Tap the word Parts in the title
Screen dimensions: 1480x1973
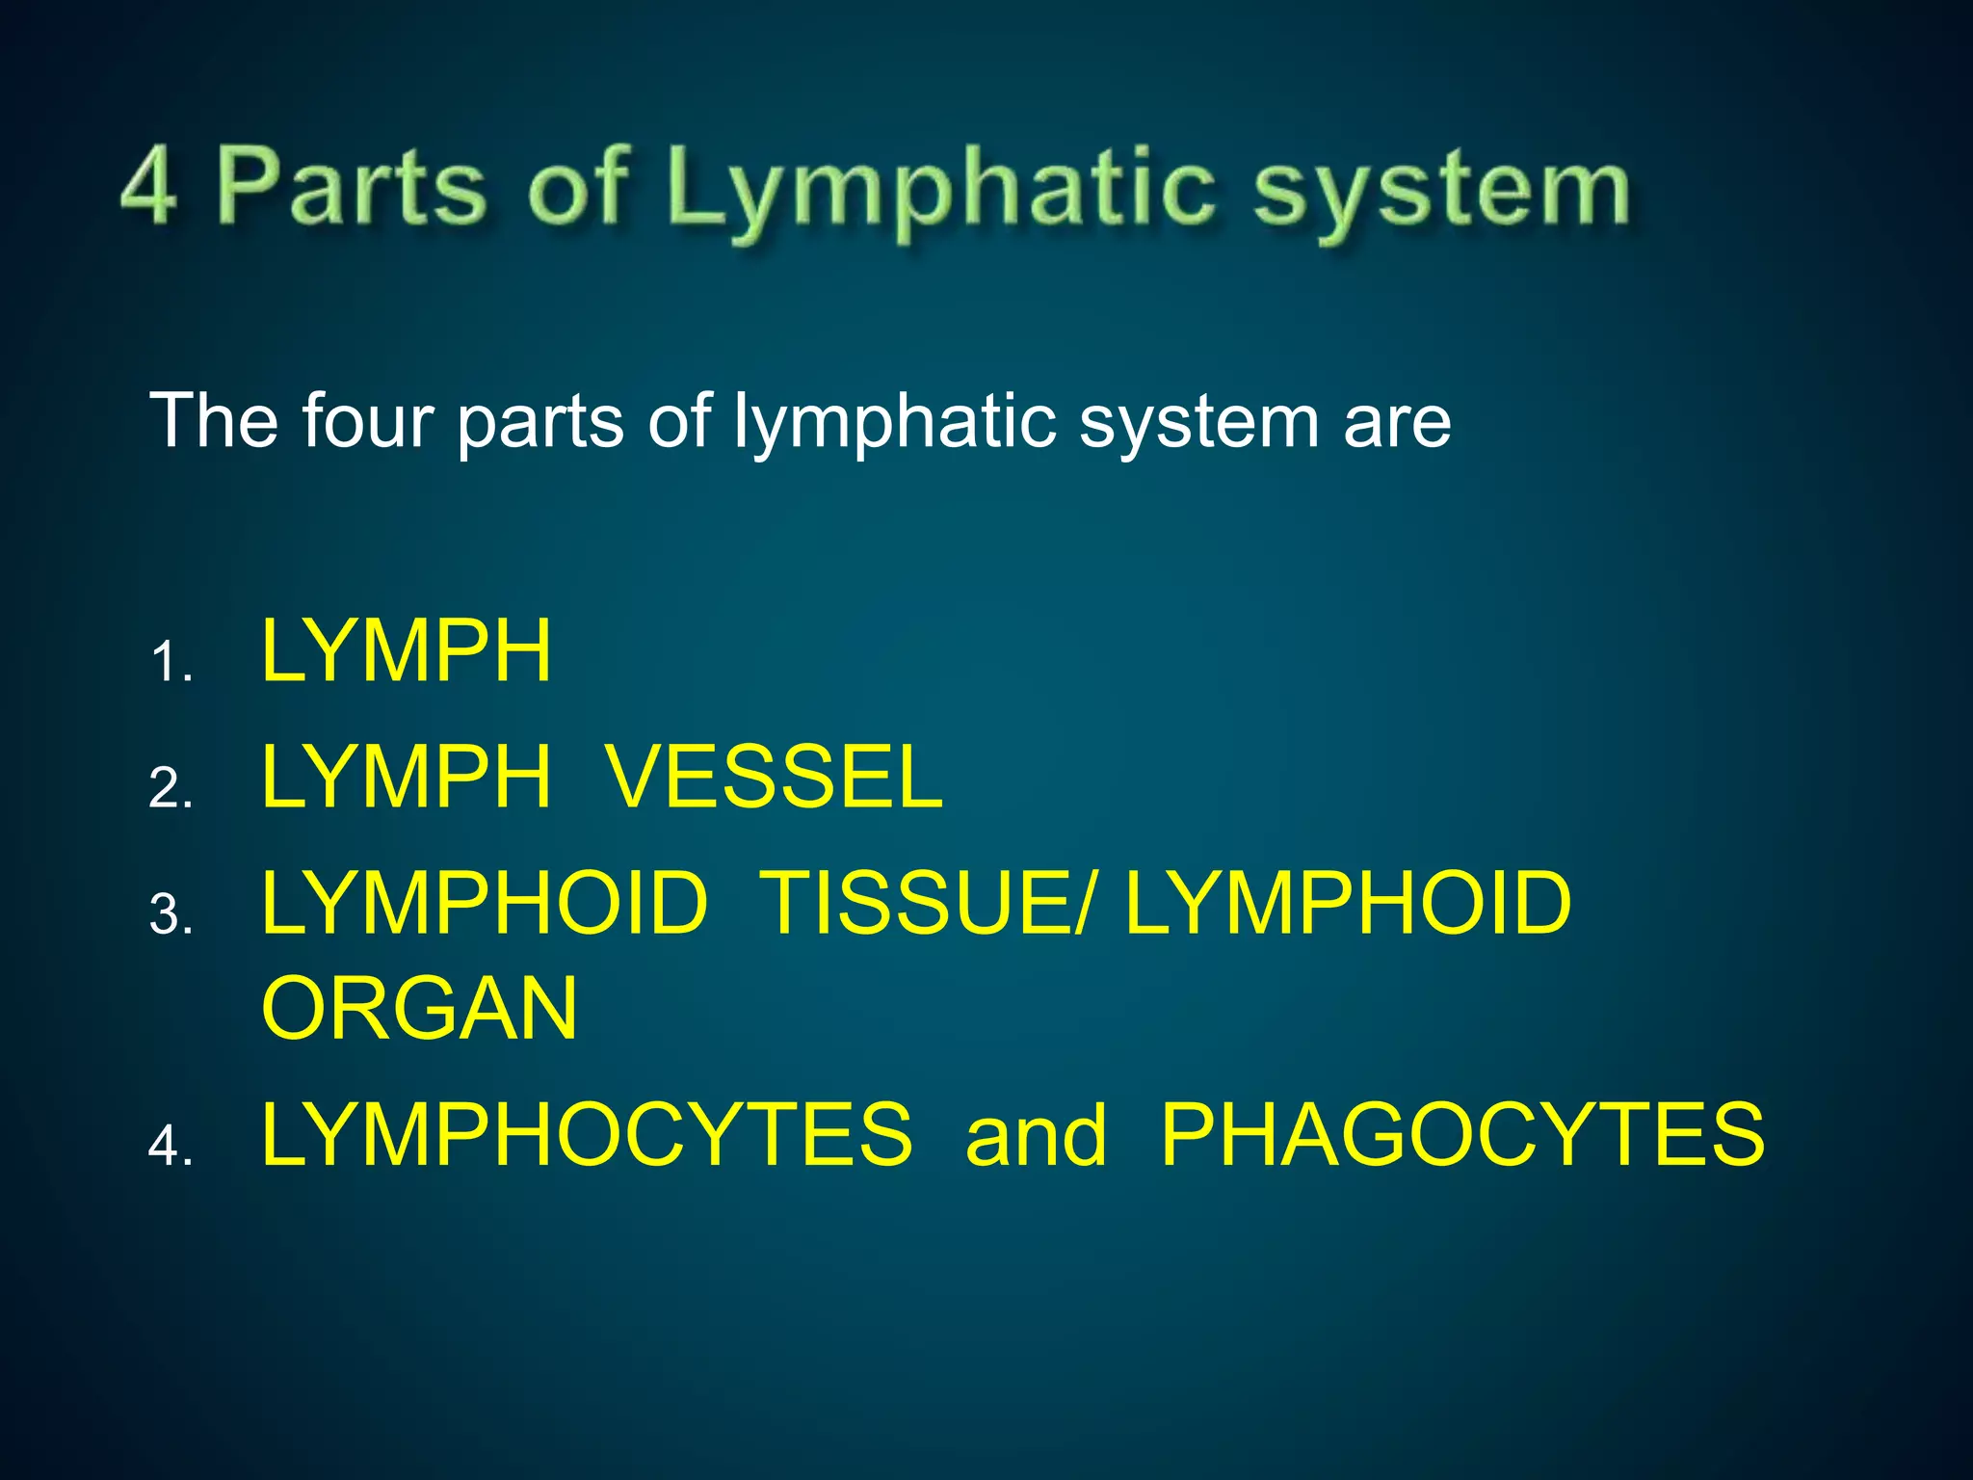pyautogui.click(x=351, y=186)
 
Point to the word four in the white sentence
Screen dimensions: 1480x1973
pyautogui.click(x=366, y=421)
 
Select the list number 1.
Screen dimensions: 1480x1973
pyautogui.click(x=170, y=663)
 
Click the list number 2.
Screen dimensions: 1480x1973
pyautogui.click(x=170, y=787)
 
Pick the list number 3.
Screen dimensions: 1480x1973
pyautogui.click(x=170, y=912)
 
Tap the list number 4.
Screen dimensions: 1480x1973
pyautogui.click(x=170, y=1146)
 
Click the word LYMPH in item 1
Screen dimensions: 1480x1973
pyautogui.click(x=407, y=652)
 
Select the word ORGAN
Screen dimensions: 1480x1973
pyautogui.click(x=420, y=1009)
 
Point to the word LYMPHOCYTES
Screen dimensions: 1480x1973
pyautogui.click(x=587, y=1135)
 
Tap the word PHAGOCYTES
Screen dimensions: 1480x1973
pyautogui.click(x=1462, y=1135)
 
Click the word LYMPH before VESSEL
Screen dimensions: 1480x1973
pyautogui.click(x=407, y=778)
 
